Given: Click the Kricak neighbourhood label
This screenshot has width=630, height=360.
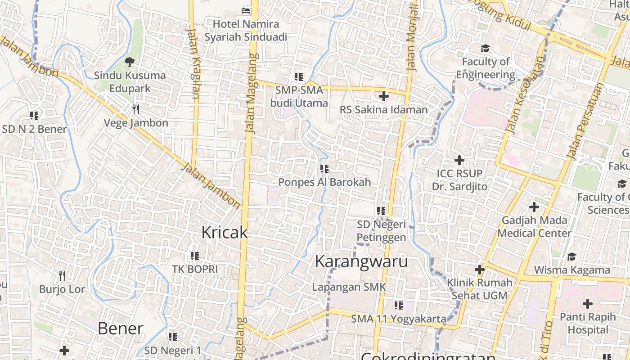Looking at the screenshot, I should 225,232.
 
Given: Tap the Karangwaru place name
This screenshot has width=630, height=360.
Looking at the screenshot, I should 361,261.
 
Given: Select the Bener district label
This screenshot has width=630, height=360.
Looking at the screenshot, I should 120,328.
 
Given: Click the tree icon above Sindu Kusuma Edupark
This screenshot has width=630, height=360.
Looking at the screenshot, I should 130,62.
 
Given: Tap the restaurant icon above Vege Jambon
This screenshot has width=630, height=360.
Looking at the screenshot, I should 136,109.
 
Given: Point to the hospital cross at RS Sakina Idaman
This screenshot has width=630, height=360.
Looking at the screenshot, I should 384,96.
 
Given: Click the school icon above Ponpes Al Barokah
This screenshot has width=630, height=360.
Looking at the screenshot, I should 324,169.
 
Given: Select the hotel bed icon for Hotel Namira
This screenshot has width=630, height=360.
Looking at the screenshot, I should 246,10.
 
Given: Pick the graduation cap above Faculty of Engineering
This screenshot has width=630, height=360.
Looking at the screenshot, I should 485,48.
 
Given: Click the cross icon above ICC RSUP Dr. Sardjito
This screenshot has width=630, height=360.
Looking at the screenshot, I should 459,160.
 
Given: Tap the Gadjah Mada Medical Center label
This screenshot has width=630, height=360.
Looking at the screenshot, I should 534,227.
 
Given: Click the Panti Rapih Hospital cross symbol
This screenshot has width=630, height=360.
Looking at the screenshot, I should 588,303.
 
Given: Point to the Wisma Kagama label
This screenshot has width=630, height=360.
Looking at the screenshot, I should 572,270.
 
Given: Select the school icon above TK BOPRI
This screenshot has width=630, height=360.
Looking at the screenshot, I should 195,256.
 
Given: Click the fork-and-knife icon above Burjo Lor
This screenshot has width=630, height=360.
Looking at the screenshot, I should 62,275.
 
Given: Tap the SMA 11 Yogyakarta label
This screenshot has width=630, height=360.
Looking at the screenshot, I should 399,319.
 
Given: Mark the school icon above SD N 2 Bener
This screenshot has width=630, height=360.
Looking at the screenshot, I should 34,116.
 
